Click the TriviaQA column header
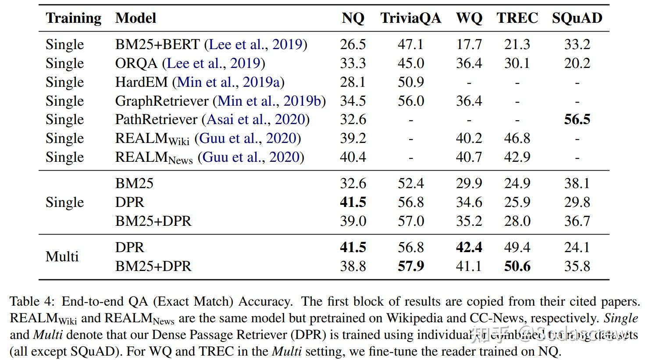click(410, 18)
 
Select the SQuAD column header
click(577, 18)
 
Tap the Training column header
click(73, 18)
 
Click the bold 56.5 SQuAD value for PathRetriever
click(577, 119)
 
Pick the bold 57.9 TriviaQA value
click(410, 266)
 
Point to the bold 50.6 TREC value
click(517, 266)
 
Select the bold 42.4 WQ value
click(469, 247)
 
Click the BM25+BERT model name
click(157, 44)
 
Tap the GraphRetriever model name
click(162, 101)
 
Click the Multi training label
click(62, 257)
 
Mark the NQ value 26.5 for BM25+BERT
click(353, 44)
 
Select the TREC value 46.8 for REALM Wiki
click(517, 138)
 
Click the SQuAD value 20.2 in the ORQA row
click(577, 63)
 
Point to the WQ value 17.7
click(469, 44)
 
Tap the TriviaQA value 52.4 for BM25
click(410, 183)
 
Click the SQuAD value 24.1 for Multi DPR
click(577, 247)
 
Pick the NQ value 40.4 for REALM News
click(353, 157)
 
